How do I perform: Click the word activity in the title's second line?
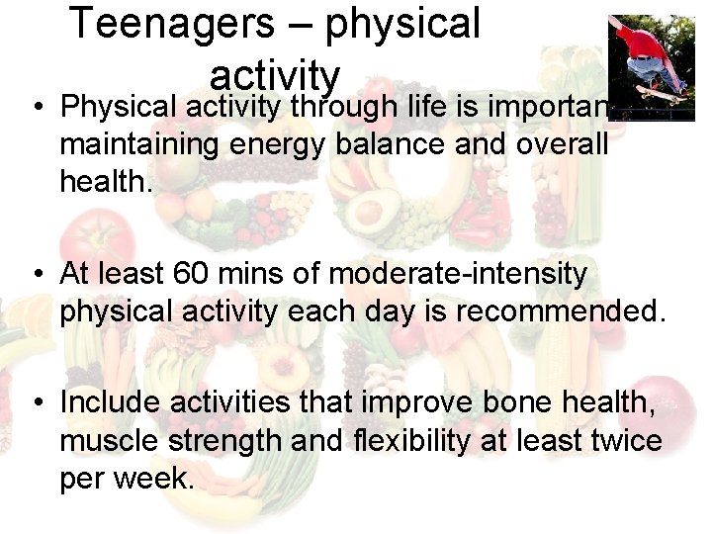[275, 74]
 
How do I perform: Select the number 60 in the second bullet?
[189, 273]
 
